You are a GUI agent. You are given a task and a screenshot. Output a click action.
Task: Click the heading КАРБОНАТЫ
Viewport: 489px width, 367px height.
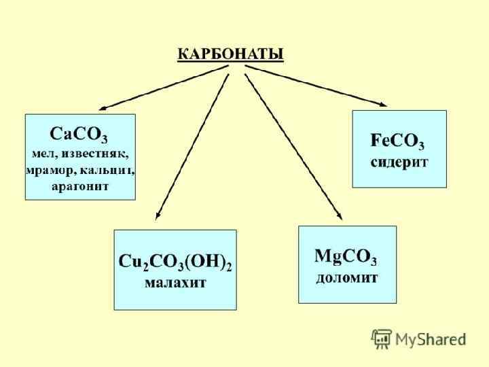coord(230,54)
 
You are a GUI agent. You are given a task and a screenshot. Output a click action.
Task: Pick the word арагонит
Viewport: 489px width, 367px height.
coord(80,187)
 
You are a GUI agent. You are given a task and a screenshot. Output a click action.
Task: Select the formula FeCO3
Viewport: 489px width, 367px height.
coord(398,141)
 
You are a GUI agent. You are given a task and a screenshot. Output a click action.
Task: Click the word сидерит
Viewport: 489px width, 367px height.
coord(399,163)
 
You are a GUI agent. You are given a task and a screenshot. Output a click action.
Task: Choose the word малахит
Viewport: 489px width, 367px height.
coord(175,282)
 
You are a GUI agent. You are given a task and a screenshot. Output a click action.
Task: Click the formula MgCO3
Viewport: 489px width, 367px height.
coord(346,257)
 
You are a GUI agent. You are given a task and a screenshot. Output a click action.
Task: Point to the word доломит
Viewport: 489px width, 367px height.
coord(347,277)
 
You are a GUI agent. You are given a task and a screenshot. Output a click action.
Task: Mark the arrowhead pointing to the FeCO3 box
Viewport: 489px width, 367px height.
coord(382,105)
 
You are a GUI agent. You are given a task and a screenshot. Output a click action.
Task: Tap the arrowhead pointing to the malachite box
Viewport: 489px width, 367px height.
coord(157,215)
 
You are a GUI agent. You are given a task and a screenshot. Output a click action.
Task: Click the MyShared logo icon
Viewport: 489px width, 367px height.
coord(381,338)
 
